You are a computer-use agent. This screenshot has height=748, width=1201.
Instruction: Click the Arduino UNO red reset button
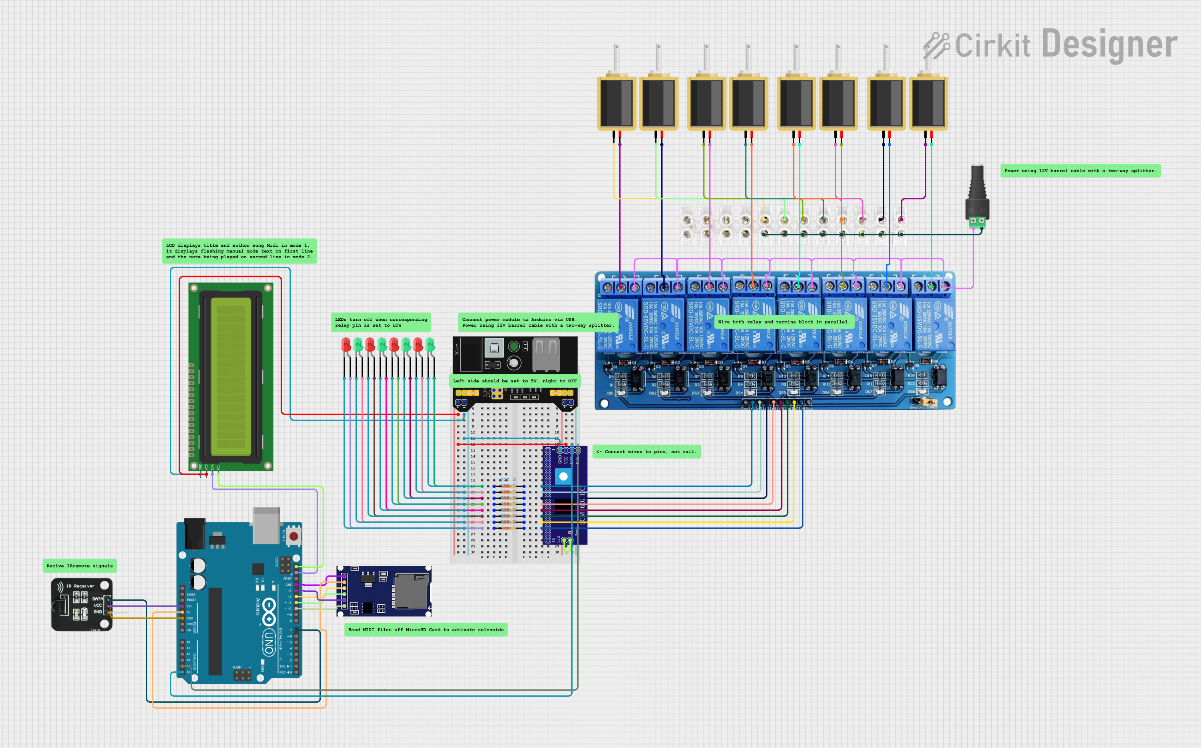294,536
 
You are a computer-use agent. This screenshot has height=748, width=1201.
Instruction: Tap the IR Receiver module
82,605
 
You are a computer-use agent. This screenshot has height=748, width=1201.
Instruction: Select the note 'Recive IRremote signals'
80,565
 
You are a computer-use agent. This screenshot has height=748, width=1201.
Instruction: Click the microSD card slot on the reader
410,591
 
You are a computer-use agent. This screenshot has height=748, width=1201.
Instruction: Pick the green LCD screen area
231,376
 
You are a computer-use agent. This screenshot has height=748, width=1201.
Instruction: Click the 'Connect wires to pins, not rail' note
646,452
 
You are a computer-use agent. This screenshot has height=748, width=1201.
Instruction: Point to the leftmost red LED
346,344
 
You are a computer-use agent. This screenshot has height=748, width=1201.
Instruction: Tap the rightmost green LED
430,344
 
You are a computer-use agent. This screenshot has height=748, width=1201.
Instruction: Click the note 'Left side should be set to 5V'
515,381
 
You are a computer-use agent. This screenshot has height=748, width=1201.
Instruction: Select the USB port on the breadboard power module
546,354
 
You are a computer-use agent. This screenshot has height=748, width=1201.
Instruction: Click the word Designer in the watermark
1110,44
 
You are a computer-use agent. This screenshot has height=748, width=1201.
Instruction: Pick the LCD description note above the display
239,251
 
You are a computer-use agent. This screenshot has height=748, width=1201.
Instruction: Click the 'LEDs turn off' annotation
381,322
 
